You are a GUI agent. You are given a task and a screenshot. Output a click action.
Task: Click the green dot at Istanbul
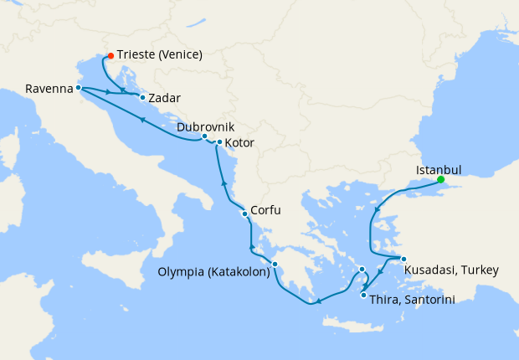440,178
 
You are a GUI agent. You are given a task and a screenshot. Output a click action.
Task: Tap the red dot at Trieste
110,57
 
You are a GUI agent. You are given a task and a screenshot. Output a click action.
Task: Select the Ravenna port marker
78,87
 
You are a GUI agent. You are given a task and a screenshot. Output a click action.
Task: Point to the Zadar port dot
142,98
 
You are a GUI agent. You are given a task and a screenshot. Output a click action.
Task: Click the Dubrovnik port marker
204,136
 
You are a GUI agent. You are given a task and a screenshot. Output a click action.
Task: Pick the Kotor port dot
219,142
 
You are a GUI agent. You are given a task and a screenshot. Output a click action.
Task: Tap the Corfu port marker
244,213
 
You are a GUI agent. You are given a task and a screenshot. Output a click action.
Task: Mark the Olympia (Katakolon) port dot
275,267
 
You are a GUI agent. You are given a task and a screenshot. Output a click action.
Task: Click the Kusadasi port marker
403,260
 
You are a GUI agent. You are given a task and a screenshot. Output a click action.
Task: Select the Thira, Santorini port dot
363,295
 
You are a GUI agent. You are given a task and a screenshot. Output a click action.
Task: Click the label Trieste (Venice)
160,56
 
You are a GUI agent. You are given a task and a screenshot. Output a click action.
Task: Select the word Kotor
239,143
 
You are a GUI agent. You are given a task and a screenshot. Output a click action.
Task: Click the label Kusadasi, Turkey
451,270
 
